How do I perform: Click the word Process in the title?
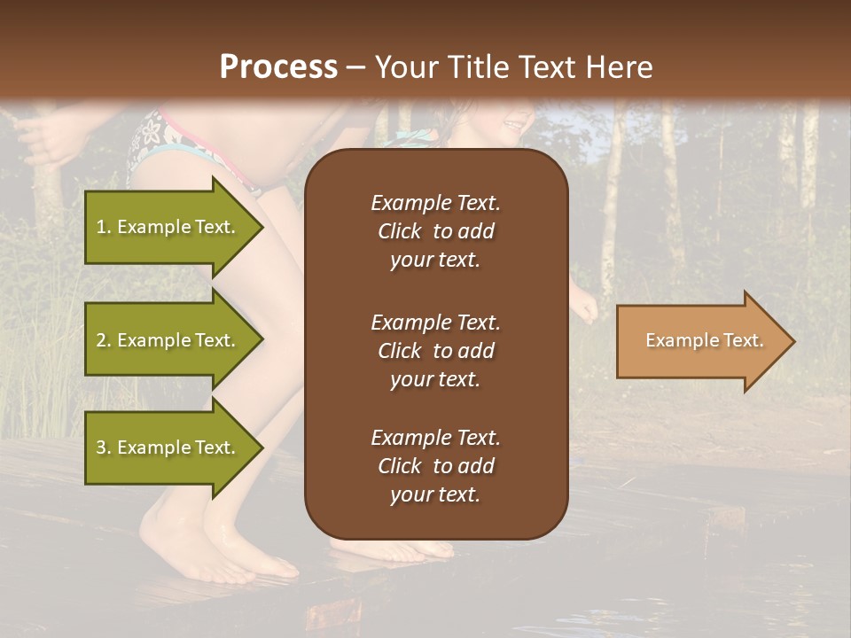278,67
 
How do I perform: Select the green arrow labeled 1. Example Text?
168,227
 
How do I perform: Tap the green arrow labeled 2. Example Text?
168,340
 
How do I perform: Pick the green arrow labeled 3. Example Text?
168,447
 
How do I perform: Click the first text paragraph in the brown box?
435,231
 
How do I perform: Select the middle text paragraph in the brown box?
435,351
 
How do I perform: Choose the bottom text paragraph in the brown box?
435,466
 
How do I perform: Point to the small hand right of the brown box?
584,307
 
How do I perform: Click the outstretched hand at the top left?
44,137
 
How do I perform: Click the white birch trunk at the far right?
808,159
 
